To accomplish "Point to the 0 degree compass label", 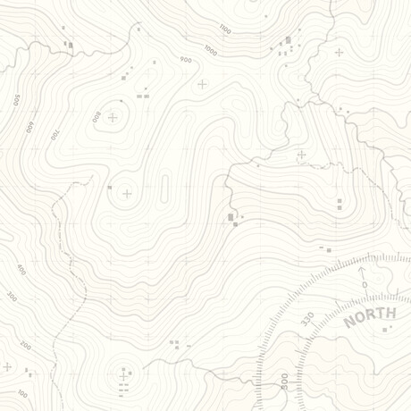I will point(365,284).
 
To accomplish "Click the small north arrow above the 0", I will point(362,270).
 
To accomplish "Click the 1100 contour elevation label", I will point(224,30).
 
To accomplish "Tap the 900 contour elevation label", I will point(186,60).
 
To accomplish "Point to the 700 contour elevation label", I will point(54,135).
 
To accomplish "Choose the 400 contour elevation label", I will point(21,269).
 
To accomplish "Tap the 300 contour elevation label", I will point(12,295).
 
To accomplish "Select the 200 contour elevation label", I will point(25,345).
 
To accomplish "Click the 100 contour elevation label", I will point(22,393).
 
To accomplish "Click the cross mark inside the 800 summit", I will point(113,117).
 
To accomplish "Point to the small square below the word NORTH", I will point(386,330).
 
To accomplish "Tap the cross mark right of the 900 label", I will point(202,84).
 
